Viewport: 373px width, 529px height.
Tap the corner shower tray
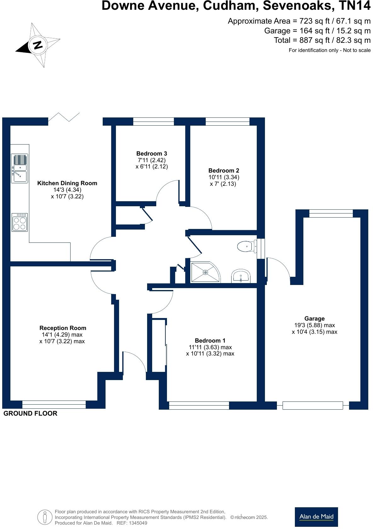(x=205, y=272)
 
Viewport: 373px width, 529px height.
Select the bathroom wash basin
(x=241, y=276)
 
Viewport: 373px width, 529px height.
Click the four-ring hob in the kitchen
(x=20, y=222)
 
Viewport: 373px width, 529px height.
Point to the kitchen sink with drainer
(x=20, y=168)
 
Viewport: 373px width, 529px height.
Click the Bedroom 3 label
(x=152, y=154)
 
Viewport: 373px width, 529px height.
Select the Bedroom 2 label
(x=224, y=171)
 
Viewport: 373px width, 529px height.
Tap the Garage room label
(x=314, y=319)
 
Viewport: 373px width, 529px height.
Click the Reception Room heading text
(x=63, y=328)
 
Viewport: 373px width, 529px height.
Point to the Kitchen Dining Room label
(x=67, y=183)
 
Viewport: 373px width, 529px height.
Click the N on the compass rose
(x=38, y=45)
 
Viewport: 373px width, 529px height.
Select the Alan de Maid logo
(x=316, y=517)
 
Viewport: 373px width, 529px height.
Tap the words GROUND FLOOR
(x=30, y=413)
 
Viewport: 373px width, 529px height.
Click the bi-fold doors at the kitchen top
(x=64, y=117)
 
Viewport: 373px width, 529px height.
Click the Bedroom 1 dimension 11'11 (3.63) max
(x=210, y=347)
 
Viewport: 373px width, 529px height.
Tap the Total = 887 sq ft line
(x=322, y=40)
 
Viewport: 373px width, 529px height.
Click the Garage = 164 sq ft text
(x=317, y=31)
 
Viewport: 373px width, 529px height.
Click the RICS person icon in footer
(x=44, y=517)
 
